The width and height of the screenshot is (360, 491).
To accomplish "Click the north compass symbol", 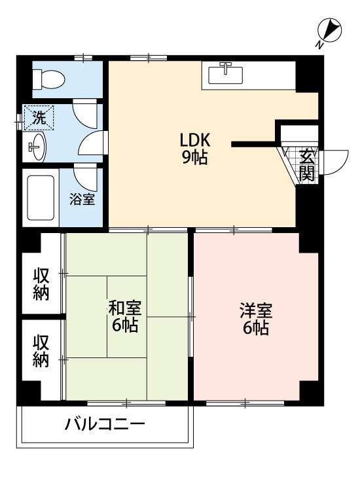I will pyautogui.click(x=329, y=31).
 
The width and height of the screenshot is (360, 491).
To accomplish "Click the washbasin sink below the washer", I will pyautogui.click(x=35, y=147).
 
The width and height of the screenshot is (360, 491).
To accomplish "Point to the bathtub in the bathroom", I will pyautogui.click(x=41, y=196).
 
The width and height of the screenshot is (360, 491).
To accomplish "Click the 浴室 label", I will pyautogui.click(x=82, y=198).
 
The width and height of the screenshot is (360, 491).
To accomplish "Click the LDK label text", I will pyautogui.click(x=195, y=141).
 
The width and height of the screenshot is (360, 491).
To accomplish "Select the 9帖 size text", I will pyautogui.click(x=195, y=158).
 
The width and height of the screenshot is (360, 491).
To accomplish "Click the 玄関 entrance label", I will pyautogui.click(x=307, y=164).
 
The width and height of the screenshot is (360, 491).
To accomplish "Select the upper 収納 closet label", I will pyautogui.click(x=41, y=283).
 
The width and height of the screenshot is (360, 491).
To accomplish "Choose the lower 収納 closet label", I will pyautogui.click(x=41, y=351).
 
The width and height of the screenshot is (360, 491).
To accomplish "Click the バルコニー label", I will pyautogui.click(x=105, y=424).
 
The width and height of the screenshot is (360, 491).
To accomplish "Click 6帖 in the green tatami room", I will pyautogui.click(x=124, y=325).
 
